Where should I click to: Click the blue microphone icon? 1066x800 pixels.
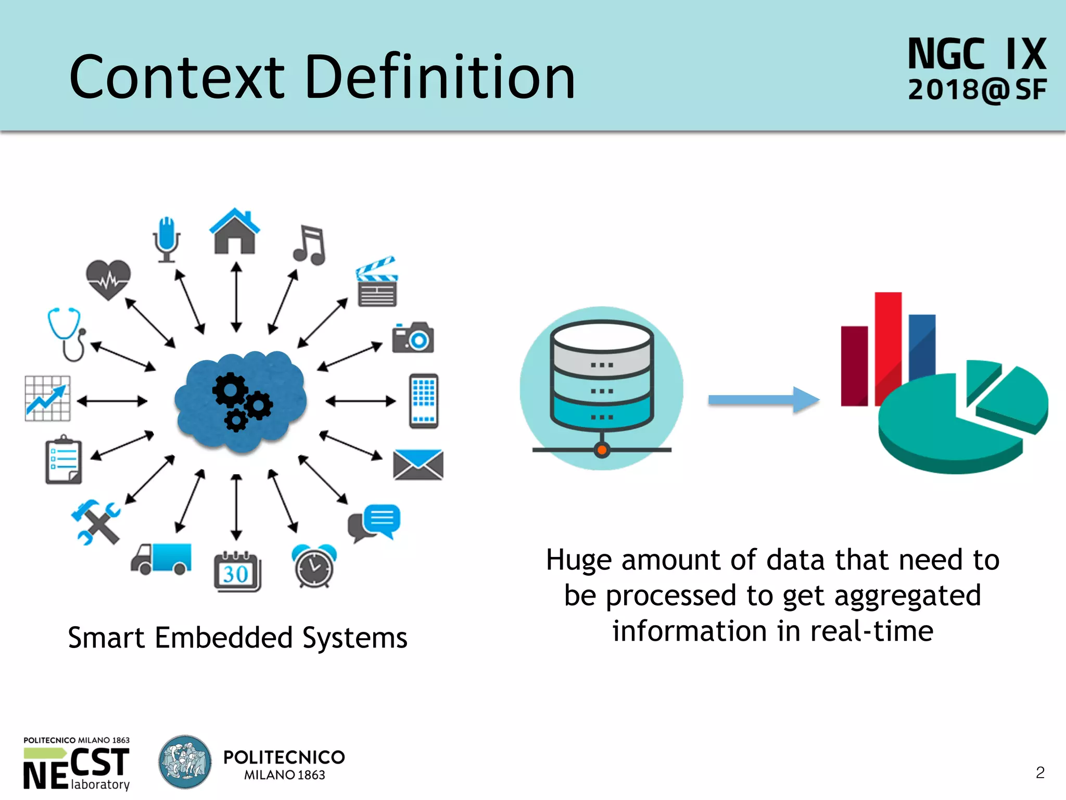point(167,239)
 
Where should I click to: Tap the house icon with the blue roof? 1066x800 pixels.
point(234,232)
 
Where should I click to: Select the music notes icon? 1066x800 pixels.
point(310,245)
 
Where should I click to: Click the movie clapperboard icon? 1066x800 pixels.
point(377,282)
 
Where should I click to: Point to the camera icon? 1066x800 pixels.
point(413,337)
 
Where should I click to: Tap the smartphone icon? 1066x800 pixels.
point(424,401)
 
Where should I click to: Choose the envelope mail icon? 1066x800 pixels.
point(418,464)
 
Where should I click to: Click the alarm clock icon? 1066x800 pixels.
point(314,566)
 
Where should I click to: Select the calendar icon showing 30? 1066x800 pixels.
point(237,572)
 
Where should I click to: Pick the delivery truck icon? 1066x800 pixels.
point(161,558)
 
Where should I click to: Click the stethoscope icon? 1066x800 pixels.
point(67,334)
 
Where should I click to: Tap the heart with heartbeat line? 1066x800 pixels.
point(108,279)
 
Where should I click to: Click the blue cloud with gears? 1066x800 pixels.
point(240,400)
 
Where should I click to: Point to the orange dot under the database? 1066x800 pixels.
point(602,450)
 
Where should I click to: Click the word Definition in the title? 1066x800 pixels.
point(440,77)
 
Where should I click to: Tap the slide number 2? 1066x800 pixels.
point(1040,772)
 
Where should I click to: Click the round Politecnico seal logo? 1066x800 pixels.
point(185,762)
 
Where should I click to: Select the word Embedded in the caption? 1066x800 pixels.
point(224,638)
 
